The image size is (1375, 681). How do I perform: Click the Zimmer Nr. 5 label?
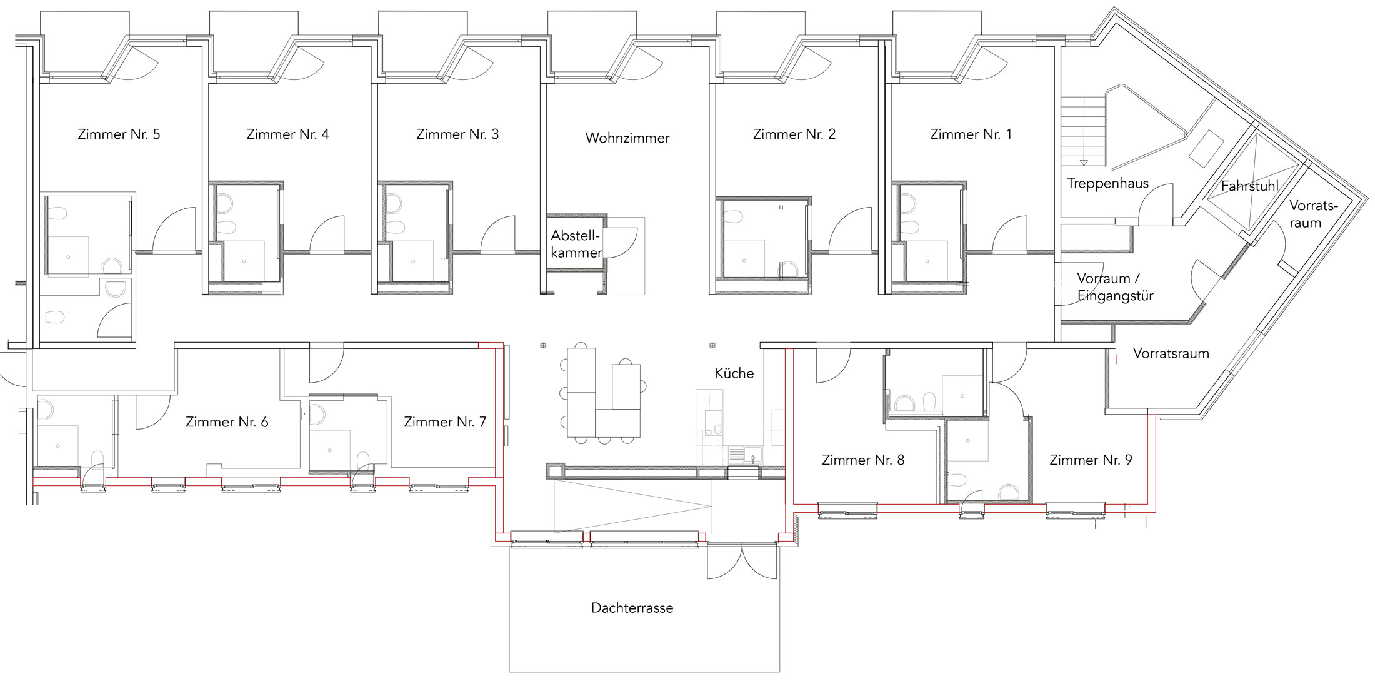click(x=119, y=134)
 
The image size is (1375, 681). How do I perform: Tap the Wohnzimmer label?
click(x=627, y=138)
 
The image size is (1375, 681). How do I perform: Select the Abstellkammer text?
click(x=576, y=245)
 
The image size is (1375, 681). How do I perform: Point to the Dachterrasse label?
click(x=632, y=608)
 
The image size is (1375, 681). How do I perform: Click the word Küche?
click(x=734, y=373)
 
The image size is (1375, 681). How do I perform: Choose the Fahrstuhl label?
click(x=1250, y=186)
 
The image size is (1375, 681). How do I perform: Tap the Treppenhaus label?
click(x=1108, y=183)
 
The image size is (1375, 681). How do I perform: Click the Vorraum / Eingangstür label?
click(x=1115, y=287)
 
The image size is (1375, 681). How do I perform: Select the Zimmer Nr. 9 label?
click(x=1091, y=460)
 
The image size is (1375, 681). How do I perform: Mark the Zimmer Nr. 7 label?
click(x=445, y=422)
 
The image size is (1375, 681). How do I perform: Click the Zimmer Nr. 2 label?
click(x=794, y=134)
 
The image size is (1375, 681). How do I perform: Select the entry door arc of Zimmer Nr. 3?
click(x=498, y=234)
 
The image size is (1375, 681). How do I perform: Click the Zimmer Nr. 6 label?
click(x=227, y=422)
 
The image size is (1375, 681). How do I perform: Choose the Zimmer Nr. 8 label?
click(x=863, y=460)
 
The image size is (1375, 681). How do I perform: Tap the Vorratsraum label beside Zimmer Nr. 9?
click(x=1171, y=353)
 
